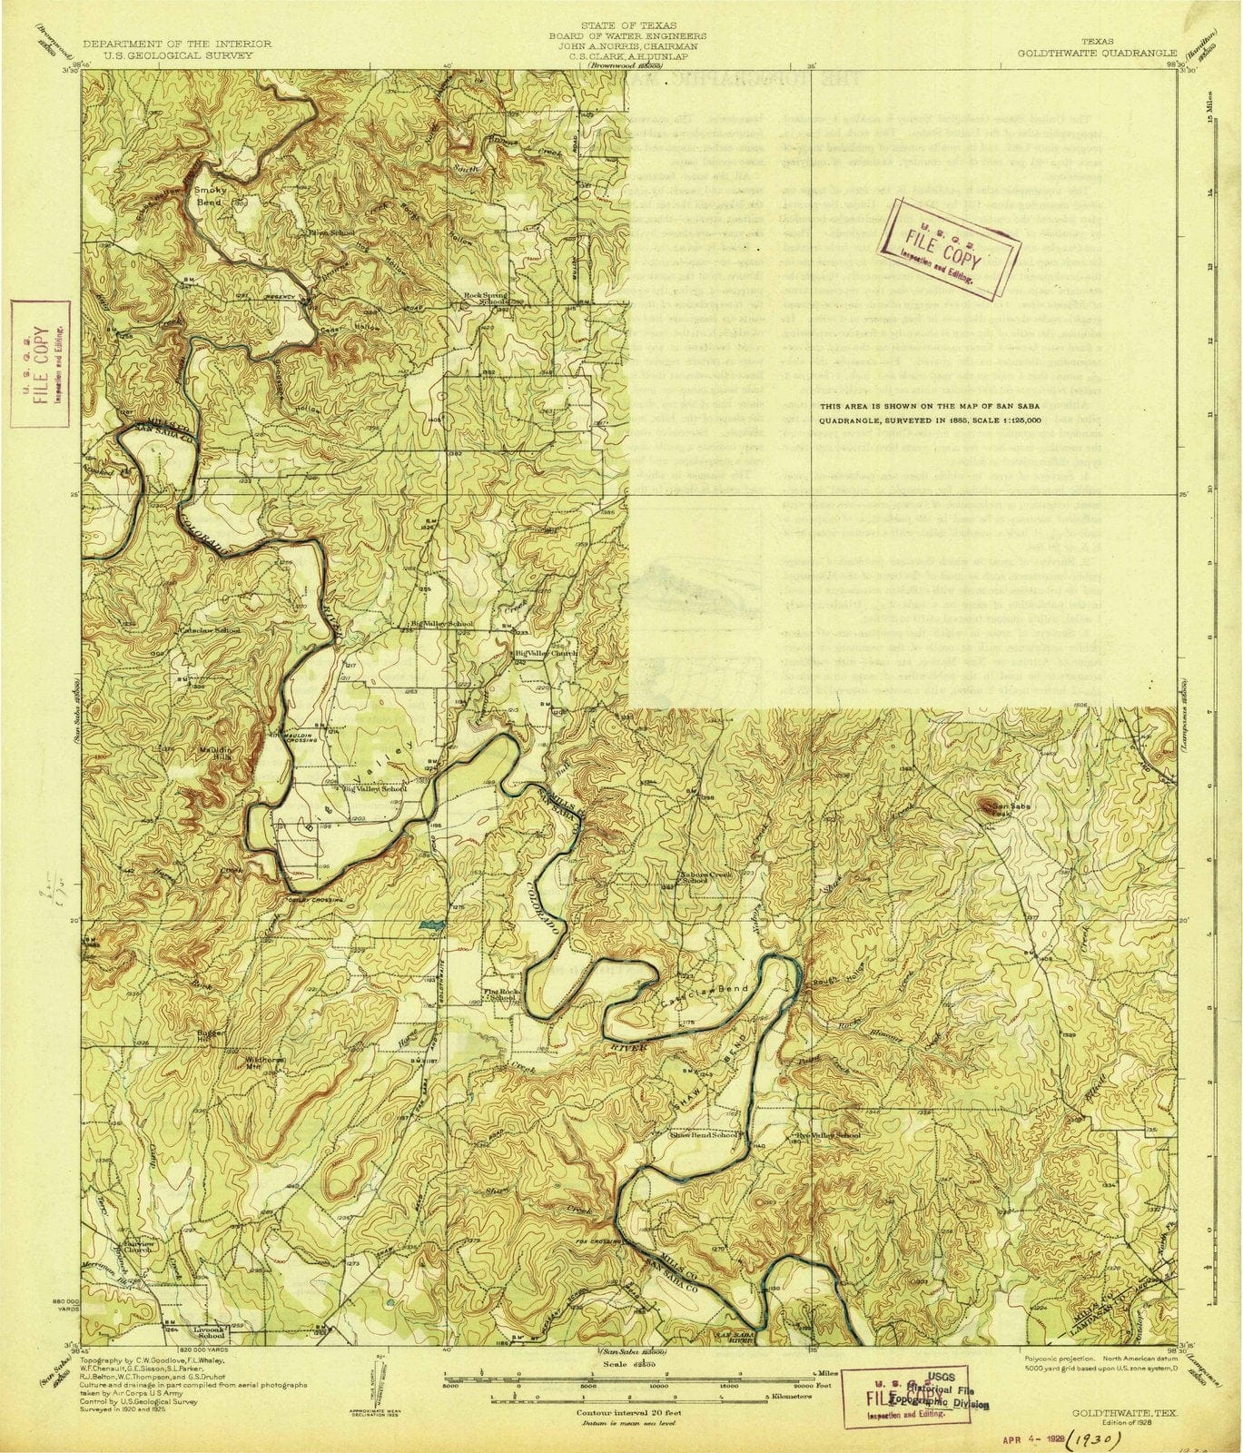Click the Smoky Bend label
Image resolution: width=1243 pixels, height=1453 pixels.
(x=210, y=197)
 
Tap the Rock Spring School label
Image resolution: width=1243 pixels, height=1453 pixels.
(x=482, y=298)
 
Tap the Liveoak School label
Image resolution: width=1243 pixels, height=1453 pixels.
(x=211, y=1333)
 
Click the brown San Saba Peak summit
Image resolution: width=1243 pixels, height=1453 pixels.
(x=985, y=803)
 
